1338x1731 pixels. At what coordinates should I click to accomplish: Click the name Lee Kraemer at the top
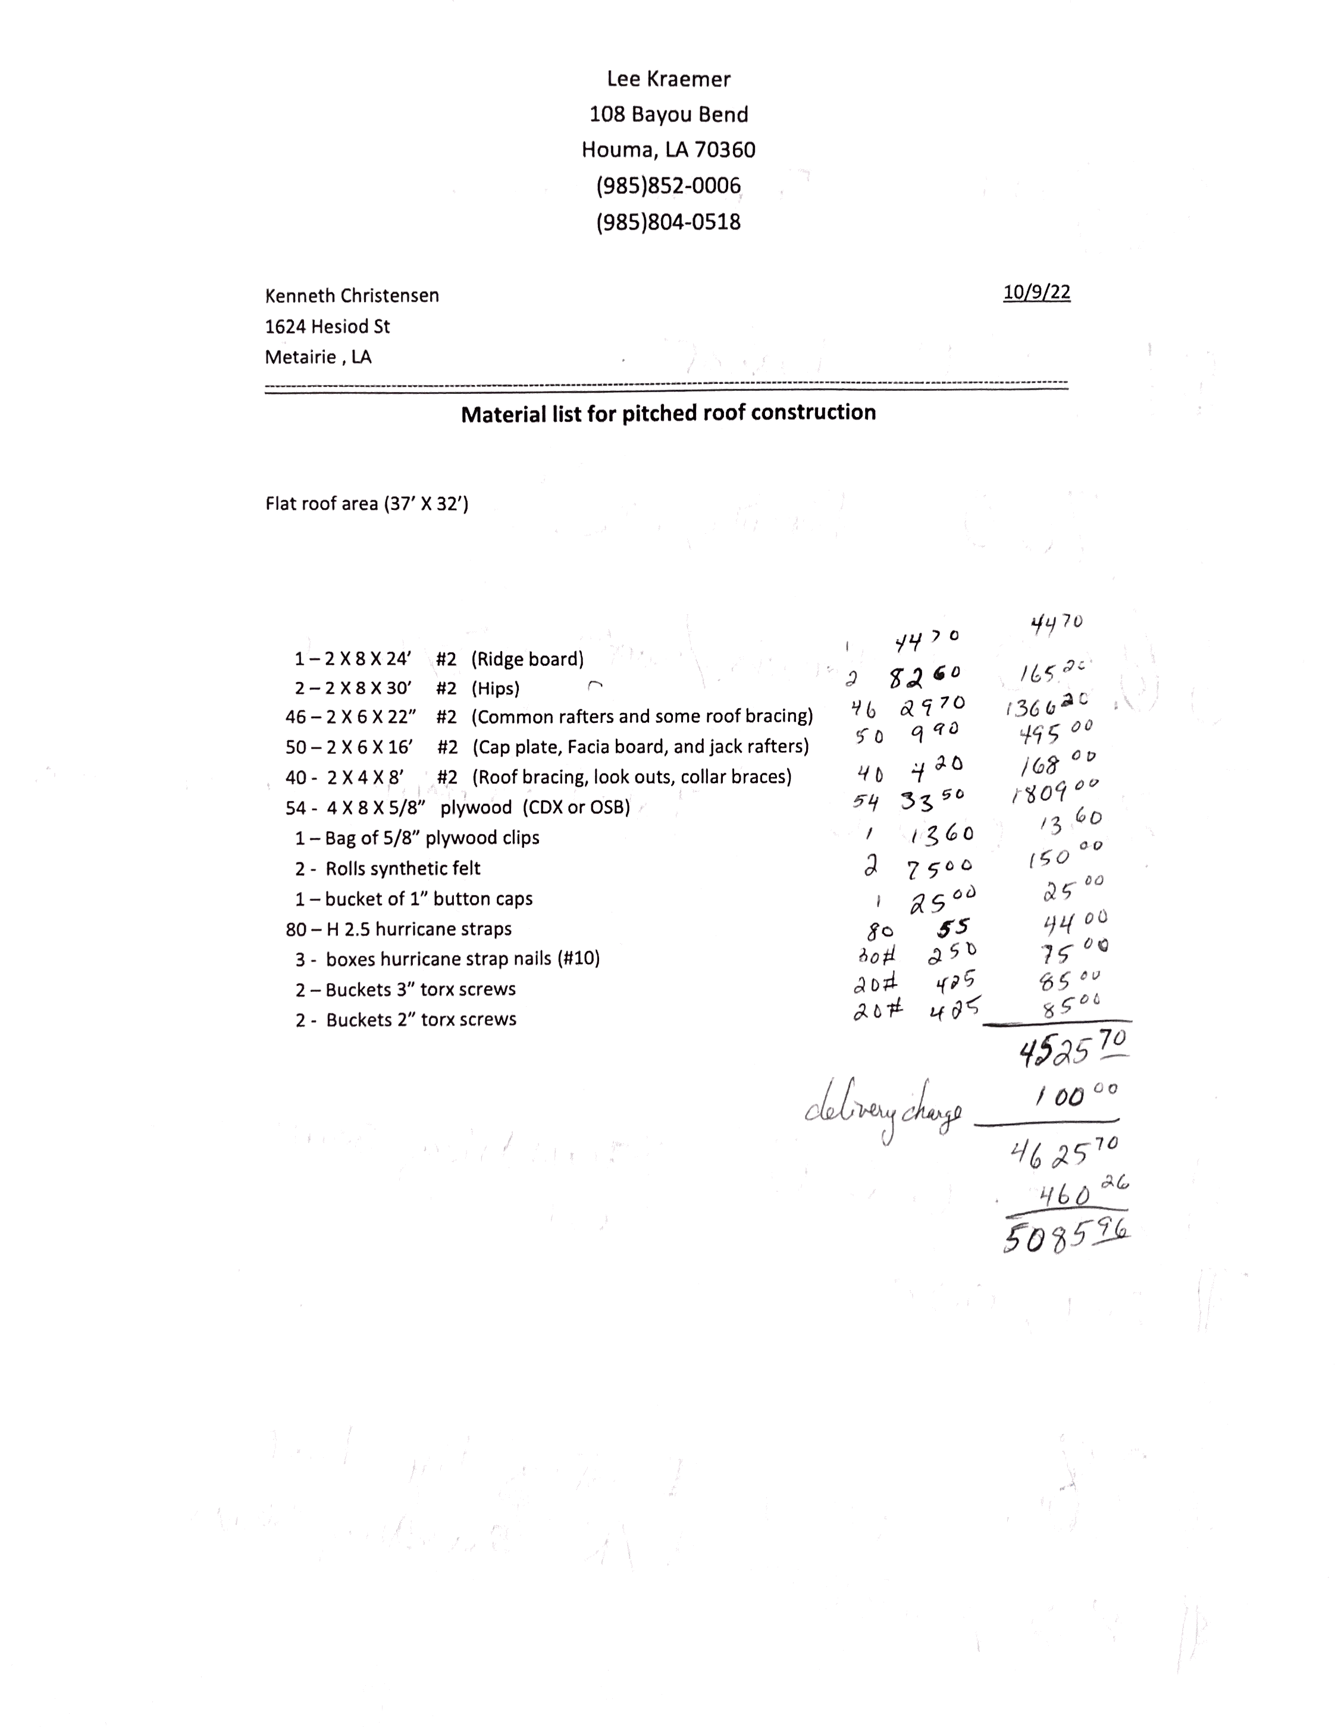(x=668, y=79)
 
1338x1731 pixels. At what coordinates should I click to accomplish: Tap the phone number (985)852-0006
(x=668, y=186)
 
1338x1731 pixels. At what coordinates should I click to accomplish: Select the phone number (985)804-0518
(x=668, y=221)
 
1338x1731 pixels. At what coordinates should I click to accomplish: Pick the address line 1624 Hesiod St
(x=327, y=327)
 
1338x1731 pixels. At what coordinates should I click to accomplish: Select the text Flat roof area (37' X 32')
(x=366, y=504)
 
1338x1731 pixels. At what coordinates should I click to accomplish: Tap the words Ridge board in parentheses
(x=527, y=659)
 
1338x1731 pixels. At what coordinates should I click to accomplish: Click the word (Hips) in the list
(x=496, y=688)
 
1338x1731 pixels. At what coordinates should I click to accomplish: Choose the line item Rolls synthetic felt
(x=403, y=869)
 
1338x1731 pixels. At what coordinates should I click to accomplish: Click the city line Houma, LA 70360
(x=668, y=150)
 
